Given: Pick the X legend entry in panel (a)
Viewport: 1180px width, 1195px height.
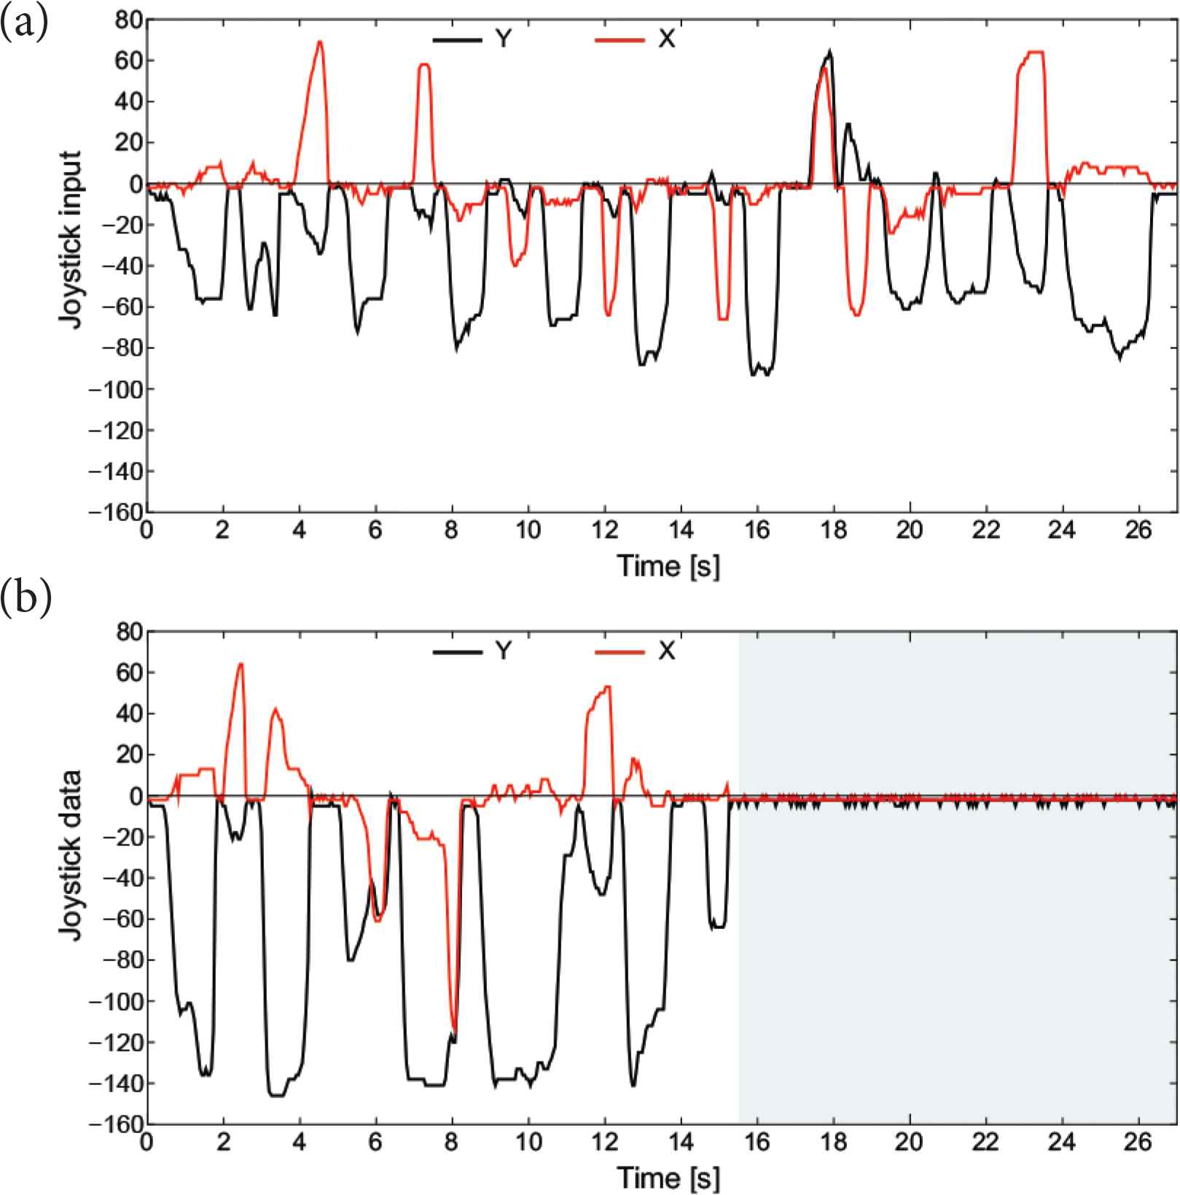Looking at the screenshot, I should point(636,39).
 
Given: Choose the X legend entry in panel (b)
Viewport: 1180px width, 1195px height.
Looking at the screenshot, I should point(636,651).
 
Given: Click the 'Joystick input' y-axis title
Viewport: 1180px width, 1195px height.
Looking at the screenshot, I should point(71,240).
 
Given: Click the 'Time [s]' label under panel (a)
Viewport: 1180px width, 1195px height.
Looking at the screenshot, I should point(668,566).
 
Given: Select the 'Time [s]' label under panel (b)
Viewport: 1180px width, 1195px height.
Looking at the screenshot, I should point(668,1177).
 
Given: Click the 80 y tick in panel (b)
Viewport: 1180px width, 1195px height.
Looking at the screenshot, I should point(128,632).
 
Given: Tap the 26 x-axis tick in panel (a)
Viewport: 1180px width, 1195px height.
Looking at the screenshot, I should point(1138,531).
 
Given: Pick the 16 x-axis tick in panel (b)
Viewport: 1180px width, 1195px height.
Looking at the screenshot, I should point(757,1142).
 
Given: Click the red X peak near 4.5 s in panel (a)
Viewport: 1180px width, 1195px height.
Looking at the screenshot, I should point(319,42).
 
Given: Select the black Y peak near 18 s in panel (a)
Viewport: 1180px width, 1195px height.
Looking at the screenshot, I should point(829,51).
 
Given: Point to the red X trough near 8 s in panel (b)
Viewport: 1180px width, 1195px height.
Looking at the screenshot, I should point(455,1030).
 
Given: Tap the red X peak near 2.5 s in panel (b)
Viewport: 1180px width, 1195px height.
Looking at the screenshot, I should point(241,664).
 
